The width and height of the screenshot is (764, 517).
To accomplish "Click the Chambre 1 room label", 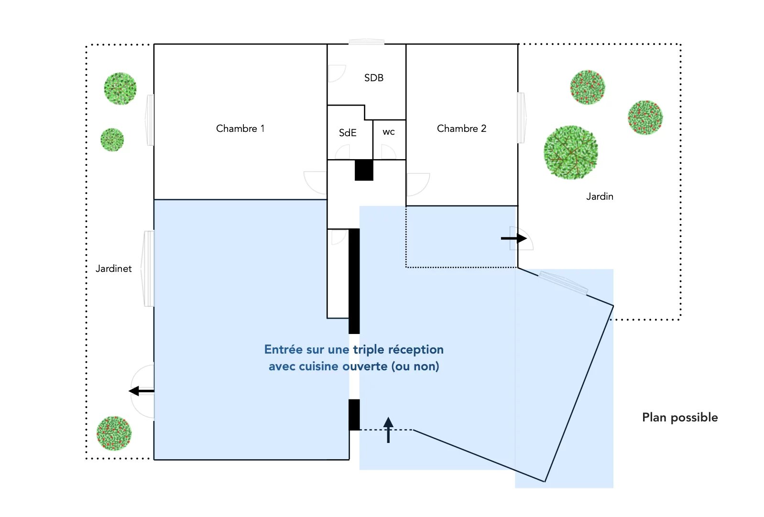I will click(240, 129).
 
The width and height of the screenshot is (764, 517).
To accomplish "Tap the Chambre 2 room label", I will click(461, 129).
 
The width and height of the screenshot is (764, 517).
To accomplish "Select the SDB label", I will click(373, 78).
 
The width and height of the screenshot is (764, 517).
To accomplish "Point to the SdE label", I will click(348, 133).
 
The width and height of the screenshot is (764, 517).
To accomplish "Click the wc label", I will click(389, 132).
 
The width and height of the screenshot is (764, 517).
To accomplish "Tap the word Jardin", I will click(600, 196).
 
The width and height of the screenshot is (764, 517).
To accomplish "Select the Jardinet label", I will click(113, 269).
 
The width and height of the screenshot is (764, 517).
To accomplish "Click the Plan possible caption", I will click(679, 418).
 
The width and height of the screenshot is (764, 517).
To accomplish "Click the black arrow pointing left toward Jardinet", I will click(141, 391).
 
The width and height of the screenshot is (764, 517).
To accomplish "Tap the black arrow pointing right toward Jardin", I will click(514, 238).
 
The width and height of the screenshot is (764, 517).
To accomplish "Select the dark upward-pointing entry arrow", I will click(388, 430).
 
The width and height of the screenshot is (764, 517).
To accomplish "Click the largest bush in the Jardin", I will click(570, 152).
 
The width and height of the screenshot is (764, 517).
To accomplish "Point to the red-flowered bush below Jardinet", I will click(114, 433).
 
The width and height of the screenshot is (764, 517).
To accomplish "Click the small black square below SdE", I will click(364, 170).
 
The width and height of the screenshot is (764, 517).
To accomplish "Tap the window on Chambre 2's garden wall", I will click(521, 118).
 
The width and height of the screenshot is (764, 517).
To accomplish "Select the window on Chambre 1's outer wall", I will click(150, 120).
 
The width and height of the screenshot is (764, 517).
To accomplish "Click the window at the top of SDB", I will click(366, 43).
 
